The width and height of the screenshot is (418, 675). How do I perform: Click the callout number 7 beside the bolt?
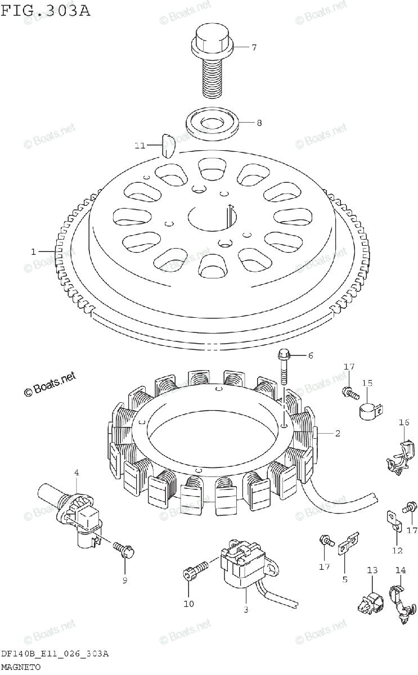(x=254, y=47)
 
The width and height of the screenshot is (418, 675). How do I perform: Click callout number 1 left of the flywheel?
(x=33, y=251)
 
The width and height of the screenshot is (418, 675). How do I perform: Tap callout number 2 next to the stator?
(x=337, y=433)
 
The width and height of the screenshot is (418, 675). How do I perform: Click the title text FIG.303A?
(x=46, y=11)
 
